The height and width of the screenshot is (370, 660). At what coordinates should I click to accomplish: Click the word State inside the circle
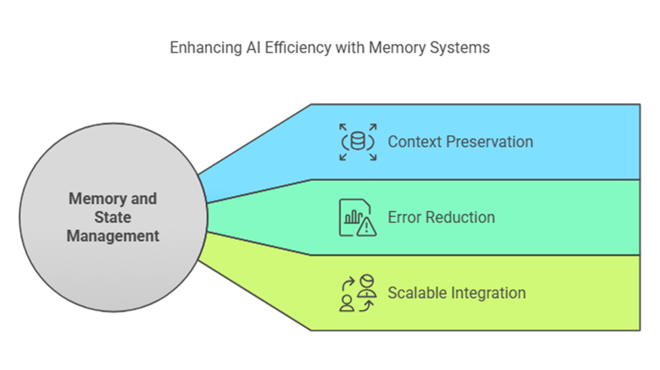113,218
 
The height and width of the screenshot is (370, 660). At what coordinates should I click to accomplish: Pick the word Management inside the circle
113,236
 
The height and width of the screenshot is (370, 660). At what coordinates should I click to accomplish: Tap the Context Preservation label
460,142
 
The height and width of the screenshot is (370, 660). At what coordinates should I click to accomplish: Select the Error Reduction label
441,218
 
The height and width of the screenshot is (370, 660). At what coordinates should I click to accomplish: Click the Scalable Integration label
457,293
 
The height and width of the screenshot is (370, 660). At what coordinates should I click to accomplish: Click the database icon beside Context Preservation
358,142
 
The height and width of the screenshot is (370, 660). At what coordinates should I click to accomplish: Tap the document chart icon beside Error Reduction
358,218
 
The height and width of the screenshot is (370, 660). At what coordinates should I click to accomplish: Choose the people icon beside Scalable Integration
358,293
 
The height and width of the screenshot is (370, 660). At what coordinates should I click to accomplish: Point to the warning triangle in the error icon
367,227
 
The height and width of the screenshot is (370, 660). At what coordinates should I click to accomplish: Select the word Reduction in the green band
460,218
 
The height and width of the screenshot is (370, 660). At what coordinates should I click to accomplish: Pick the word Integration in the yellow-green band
489,293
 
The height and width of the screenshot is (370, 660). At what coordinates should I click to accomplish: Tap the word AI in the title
253,48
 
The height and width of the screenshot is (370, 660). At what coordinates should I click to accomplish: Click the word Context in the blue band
414,142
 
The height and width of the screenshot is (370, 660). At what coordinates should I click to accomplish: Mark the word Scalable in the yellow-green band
417,293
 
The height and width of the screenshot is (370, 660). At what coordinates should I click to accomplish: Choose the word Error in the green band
405,218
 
